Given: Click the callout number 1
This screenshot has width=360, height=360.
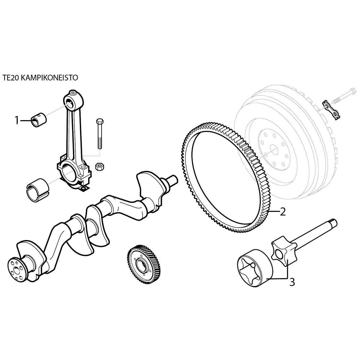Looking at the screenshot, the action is [x=17, y=120].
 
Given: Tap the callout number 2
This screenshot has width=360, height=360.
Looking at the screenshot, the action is [x=283, y=212].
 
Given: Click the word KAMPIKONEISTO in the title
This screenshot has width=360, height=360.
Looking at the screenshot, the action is [x=49, y=78].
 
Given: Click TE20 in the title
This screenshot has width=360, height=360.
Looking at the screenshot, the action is [x=10, y=78].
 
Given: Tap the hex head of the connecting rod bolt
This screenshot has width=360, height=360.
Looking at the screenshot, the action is [x=100, y=121].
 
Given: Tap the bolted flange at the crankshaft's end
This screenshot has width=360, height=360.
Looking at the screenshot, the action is [x=17, y=269].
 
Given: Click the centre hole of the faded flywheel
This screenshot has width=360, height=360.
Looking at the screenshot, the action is [x=274, y=150].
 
